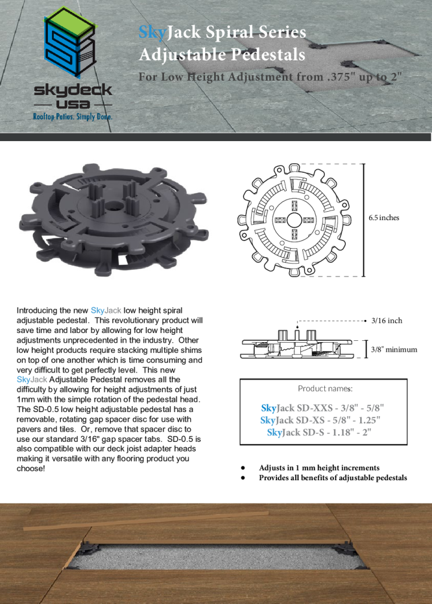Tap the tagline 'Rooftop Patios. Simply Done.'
click(72, 116)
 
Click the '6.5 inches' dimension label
click(384, 218)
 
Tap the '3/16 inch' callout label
click(387, 321)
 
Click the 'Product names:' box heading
click(325, 389)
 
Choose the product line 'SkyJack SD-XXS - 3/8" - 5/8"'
click(323, 408)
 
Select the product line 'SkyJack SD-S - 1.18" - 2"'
click(319, 432)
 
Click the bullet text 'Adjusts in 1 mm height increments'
click(319, 468)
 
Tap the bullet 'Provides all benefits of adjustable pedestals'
click(333, 478)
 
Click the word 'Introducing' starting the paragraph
click(34, 310)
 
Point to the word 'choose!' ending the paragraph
click(31, 468)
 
